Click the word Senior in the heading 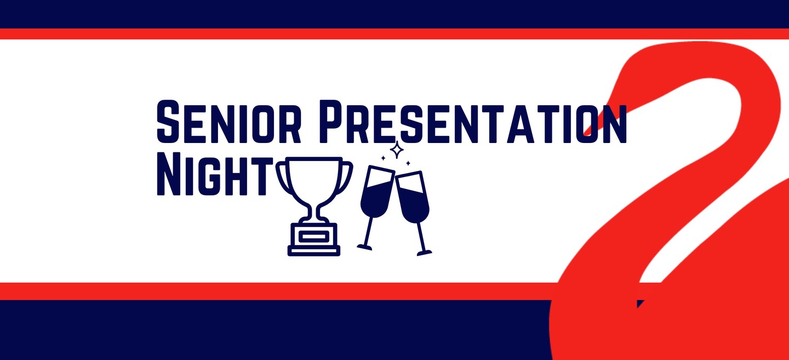click(x=228, y=122)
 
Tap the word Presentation click(x=473, y=122)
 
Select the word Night click(x=215, y=174)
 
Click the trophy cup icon click(x=314, y=207)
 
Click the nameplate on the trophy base click(x=314, y=236)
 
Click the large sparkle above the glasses click(x=397, y=150)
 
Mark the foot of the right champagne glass click(x=425, y=253)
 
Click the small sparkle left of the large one click(x=383, y=158)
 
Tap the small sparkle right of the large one click(x=408, y=163)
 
